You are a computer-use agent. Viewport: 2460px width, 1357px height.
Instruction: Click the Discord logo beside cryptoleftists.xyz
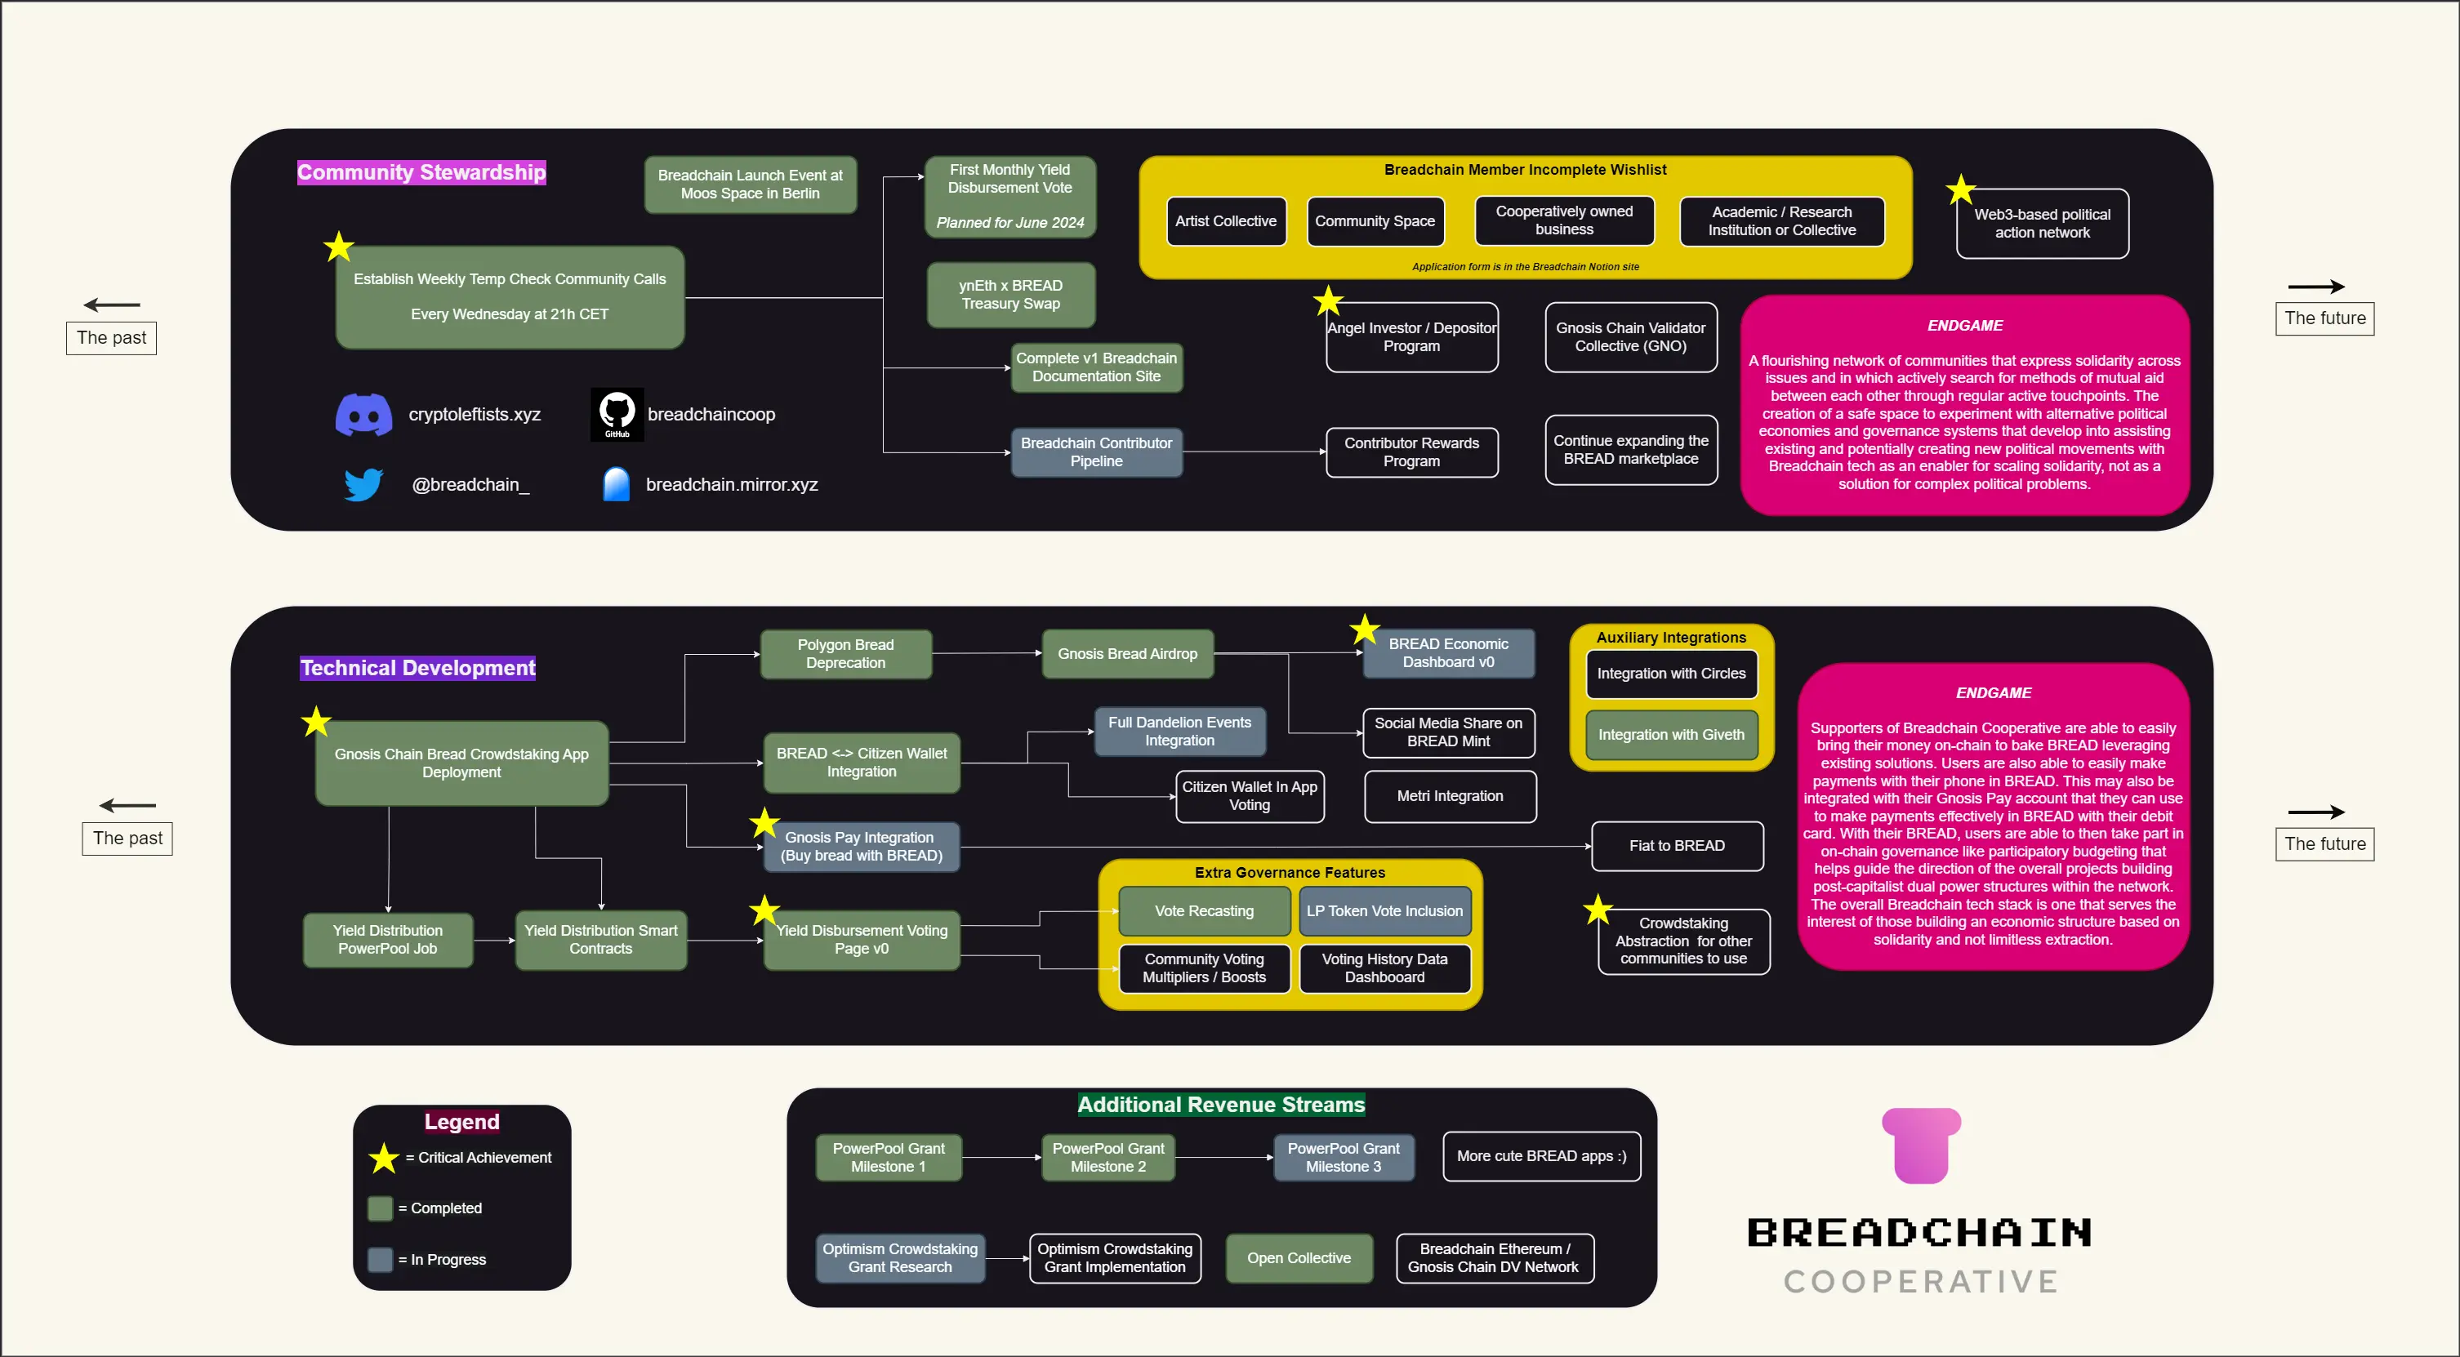click(x=363, y=415)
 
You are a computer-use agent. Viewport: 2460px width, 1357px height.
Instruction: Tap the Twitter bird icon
click(x=363, y=484)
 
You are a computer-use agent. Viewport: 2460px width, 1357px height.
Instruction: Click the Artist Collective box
click(x=1225, y=221)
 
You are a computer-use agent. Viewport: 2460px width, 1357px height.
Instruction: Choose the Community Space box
click(x=1375, y=221)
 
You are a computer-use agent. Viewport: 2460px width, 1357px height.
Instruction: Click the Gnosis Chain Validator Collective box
click(x=1630, y=337)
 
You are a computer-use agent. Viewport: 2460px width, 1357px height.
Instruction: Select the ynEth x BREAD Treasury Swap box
click(x=1010, y=295)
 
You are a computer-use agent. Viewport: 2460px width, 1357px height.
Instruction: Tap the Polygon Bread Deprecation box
click(x=845, y=654)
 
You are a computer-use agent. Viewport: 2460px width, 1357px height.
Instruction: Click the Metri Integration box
click(x=1450, y=796)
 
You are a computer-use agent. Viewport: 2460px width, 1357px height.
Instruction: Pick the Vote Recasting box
click(x=1203, y=911)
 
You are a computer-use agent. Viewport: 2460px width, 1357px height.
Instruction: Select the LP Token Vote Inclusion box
click(x=1384, y=911)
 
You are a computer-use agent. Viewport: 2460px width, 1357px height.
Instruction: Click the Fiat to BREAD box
click(x=1676, y=846)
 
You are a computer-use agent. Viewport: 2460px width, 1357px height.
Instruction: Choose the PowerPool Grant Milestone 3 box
click(x=1343, y=1158)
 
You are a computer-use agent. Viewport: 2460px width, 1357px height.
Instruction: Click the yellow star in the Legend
click(x=384, y=1159)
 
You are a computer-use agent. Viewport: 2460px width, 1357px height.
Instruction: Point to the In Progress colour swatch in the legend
click(x=380, y=1260)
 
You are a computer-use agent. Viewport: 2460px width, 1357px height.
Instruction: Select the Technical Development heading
click(x=418, y=669)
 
